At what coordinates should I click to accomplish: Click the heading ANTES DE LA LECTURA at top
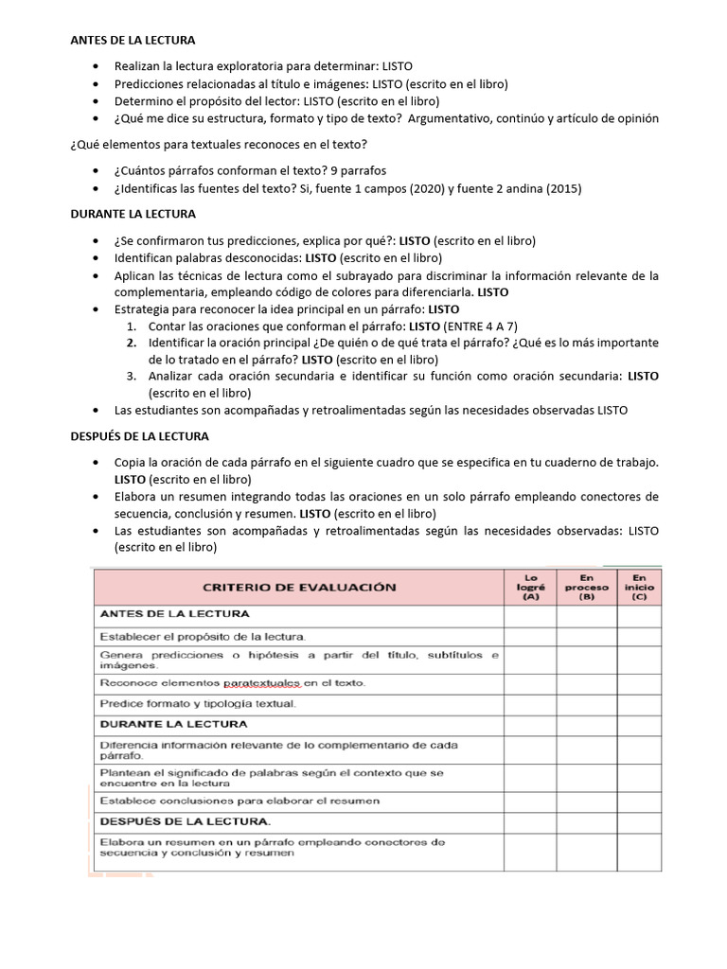133,41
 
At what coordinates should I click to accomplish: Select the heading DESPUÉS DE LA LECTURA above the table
140,436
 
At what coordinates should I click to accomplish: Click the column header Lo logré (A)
529,587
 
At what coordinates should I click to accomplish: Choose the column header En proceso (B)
587,587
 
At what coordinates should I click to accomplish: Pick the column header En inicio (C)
639,587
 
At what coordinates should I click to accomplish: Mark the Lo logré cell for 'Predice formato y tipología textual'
529,704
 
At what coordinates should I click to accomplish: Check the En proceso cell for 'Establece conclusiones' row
587,801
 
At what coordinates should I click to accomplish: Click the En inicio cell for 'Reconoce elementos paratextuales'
639,682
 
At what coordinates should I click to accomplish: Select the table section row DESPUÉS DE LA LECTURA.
185,820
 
